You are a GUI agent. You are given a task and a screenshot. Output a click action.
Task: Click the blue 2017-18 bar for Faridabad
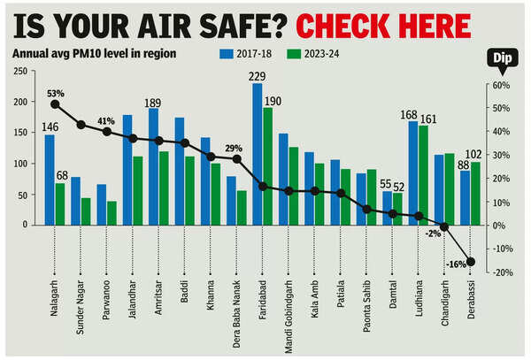(x=258, y=154)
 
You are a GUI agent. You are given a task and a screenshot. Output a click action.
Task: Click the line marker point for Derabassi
(x=470, y=261)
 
